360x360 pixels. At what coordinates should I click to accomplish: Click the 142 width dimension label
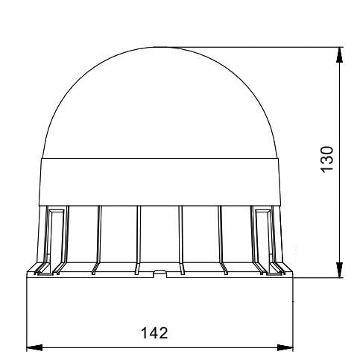pyautogui.click(x=154, y=333)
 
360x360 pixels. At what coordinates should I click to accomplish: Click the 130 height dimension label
pyautogui.click(x=326, y=160)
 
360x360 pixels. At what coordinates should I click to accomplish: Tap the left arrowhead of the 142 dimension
pyautogui.click(x=34, y=347)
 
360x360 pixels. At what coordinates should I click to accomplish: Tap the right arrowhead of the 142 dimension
pyautogui.click(x=285, y=347)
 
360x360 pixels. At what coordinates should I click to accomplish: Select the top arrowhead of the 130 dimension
pyautogui.click(x=339, y=54)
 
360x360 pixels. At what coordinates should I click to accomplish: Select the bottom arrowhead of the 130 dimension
pyautogui.click(x=339, y=270)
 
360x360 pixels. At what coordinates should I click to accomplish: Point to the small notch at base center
pyautogui.click(x=160, y=274)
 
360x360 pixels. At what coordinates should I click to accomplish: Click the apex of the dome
pyautogui.click(x=160, y=47)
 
